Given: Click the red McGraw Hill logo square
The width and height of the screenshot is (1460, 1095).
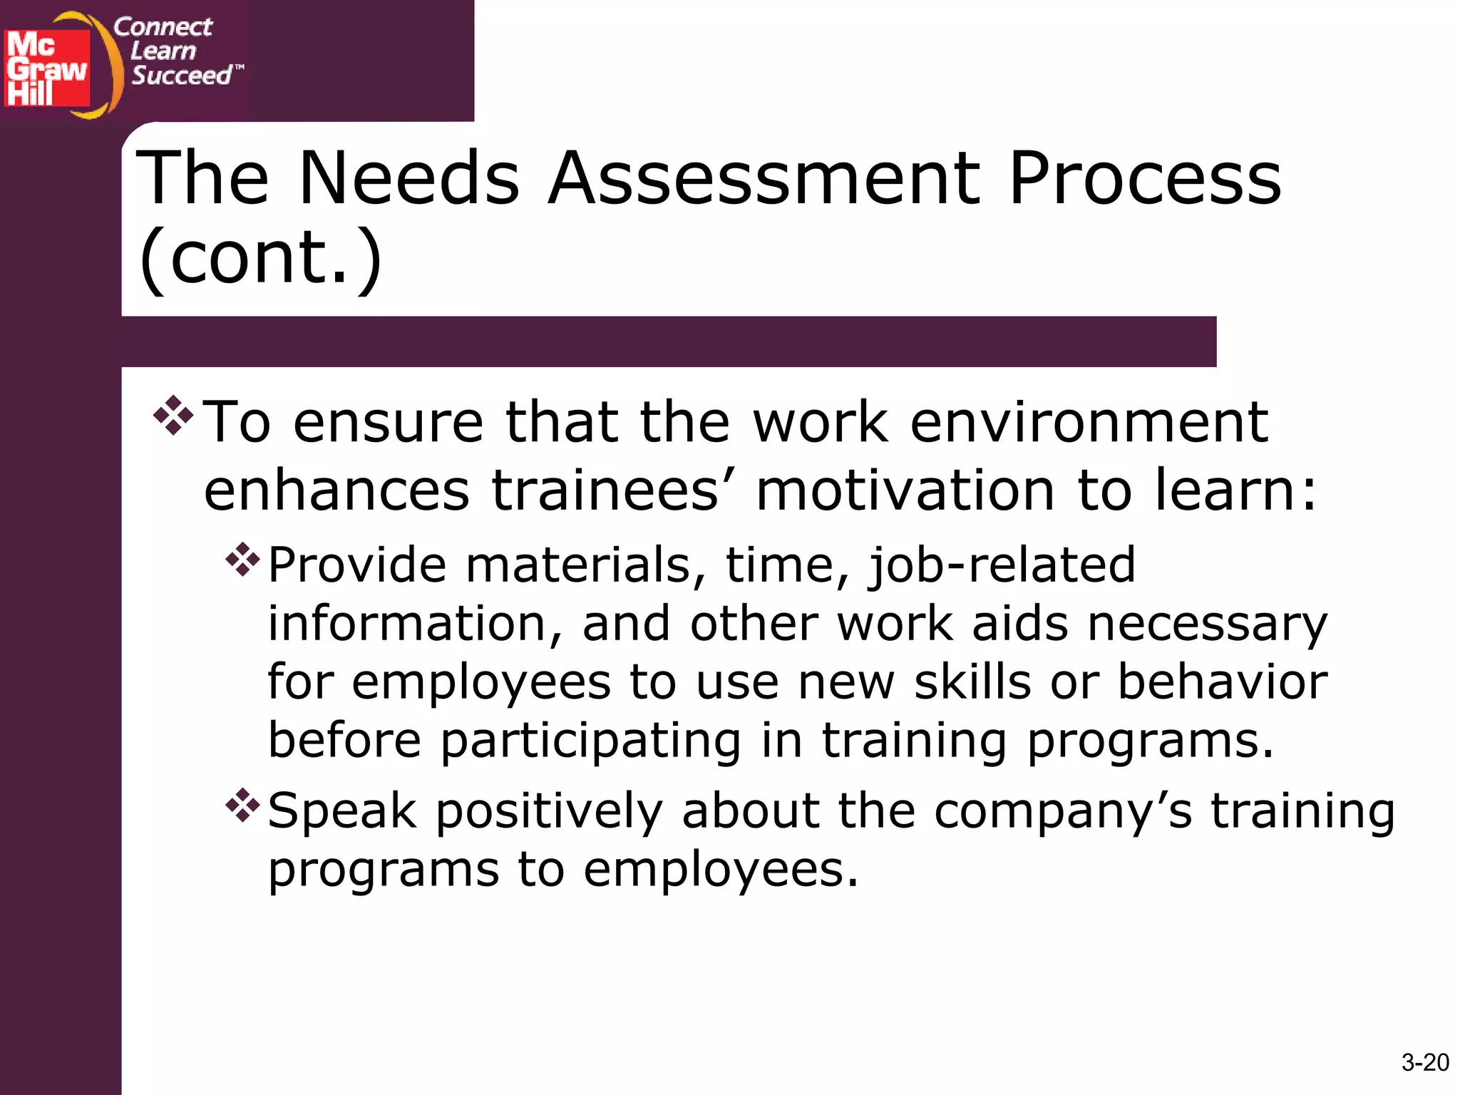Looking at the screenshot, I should coord(47,68).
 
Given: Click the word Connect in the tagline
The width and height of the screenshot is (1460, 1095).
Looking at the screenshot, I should coord(163,27).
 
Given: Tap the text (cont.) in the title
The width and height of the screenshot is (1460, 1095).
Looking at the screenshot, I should coord(261,257).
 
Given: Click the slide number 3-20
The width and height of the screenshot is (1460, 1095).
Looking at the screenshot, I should coord(1424,1062).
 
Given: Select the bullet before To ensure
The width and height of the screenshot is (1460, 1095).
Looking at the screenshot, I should coord(173,416).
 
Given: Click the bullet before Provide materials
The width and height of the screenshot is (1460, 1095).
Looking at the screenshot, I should coord(242,560).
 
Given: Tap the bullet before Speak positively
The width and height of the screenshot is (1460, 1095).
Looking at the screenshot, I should coord(242,805).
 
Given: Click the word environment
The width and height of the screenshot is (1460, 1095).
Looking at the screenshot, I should coord(1089,422).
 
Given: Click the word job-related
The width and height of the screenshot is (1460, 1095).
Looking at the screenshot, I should coord(1001,565).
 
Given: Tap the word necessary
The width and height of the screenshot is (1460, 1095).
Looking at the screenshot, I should coord(1207,624).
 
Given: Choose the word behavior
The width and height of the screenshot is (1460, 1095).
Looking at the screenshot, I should coord(1222,682).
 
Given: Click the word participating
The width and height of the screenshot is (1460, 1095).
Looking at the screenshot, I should coord(591,741).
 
